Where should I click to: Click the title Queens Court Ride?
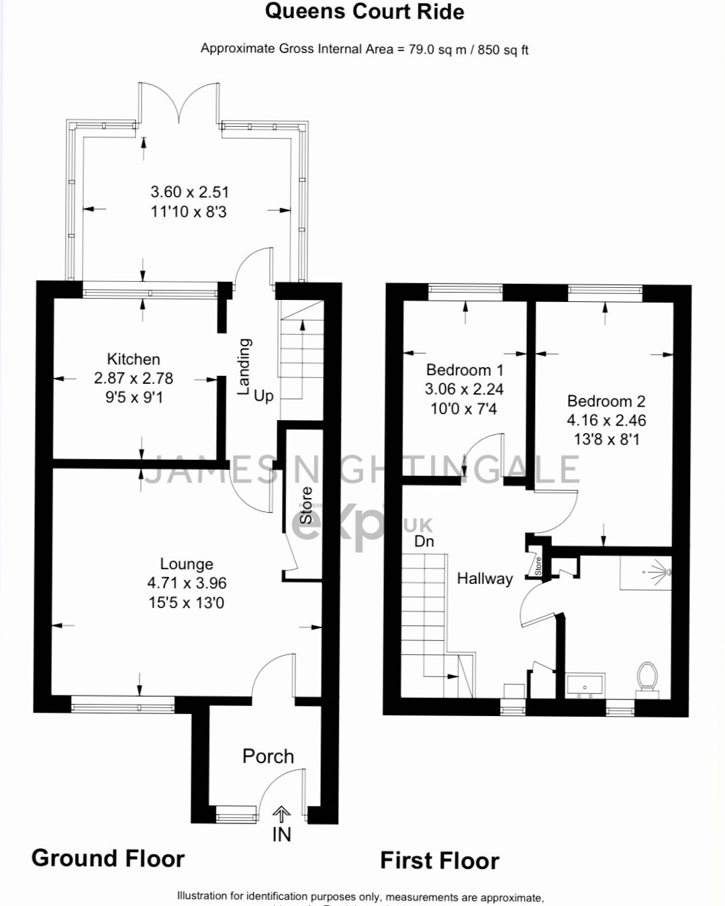coord(365,11)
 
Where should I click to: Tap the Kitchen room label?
coord(134,359)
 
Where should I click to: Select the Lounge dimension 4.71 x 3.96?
coord(187,583)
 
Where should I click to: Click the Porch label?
coord(268,756)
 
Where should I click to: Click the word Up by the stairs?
coord(264,396)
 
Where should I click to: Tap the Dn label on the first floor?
coord(424,541)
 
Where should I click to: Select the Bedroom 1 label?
coord(465,370)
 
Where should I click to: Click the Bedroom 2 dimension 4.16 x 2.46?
coord(606,420)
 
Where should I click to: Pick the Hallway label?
coord(485,578)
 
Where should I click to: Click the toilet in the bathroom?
coord(648,676)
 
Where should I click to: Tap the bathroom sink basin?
coord(585,686)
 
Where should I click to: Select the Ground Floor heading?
coord(108,858)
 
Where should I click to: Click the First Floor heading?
coord(440,860)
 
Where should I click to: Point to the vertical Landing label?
coord(244,366)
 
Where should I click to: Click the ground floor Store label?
coord(306,505)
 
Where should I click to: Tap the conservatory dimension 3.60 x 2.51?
coord(189,192)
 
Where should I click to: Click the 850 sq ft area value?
coord(503,50)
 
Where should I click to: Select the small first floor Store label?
coord(538,566)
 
